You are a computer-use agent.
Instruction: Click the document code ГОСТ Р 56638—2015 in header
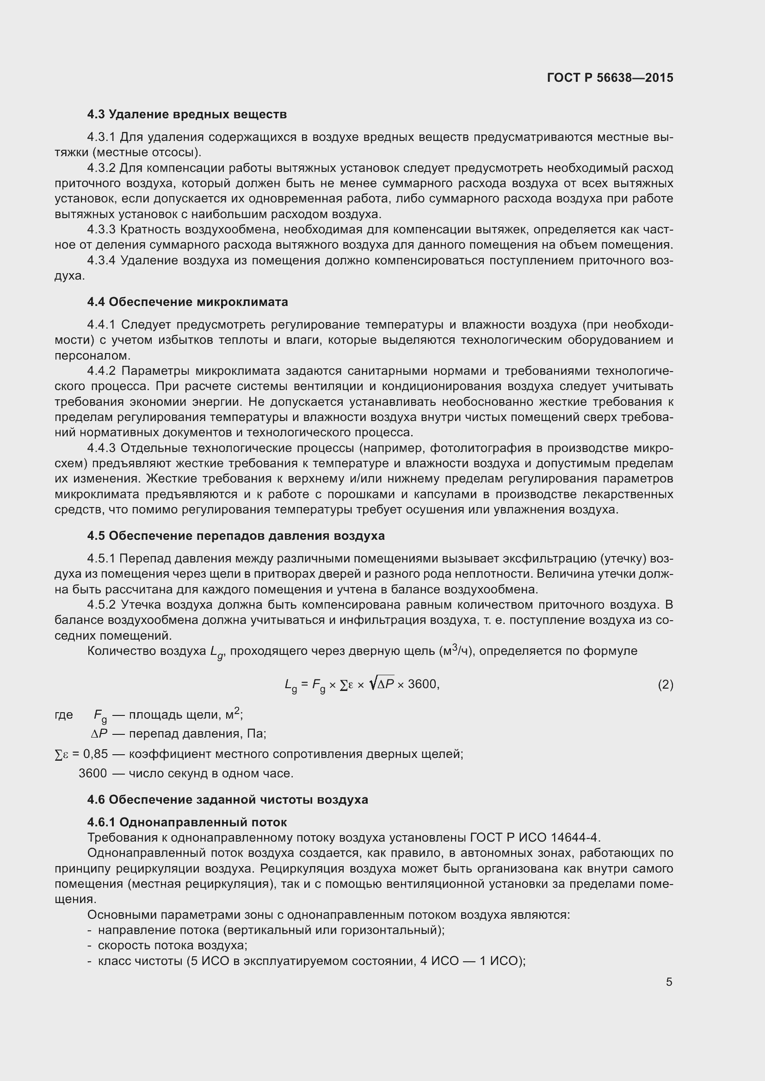(610, 78)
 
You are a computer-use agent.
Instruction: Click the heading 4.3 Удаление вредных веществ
(186, 115)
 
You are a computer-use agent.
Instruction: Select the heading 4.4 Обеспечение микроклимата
(187, 302)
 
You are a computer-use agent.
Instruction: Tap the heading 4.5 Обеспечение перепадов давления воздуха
(235, 536)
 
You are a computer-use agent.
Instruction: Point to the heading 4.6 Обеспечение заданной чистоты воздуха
(228, 800)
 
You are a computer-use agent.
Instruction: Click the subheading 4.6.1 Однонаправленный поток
(187, 822)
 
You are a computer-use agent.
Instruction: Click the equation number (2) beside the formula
(665, 684)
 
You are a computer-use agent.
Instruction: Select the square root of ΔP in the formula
(382, 684)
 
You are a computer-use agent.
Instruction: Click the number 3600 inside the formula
(422, 684)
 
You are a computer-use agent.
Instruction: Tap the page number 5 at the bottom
(669, 982)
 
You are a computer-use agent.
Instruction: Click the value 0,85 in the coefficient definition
(95, 754)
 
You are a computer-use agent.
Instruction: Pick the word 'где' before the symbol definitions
(63, 715)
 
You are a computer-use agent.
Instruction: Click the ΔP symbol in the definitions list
(99, 734)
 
